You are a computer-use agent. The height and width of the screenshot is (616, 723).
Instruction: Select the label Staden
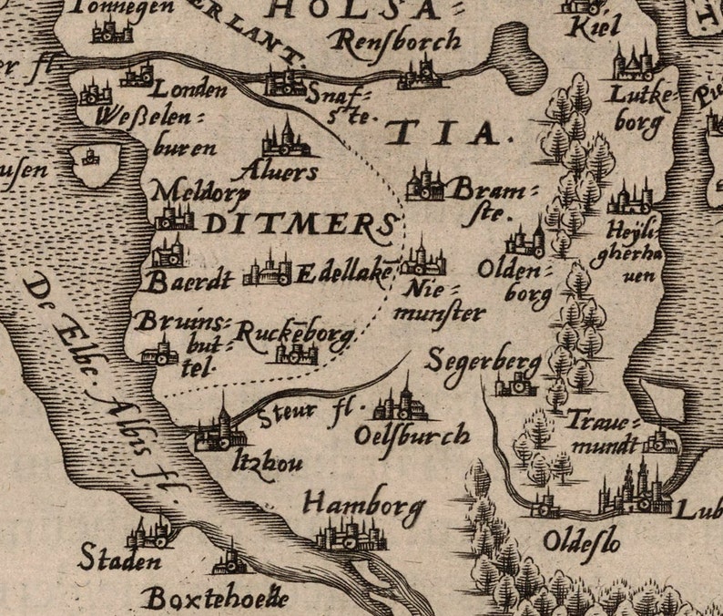pyautogui.click(x=118, y=558)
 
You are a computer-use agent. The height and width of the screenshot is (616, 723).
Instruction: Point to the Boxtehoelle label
pyautogui.click(x=215, y=598)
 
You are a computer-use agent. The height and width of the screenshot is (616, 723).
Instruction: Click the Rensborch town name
pyautogui.click(x=395, y=41)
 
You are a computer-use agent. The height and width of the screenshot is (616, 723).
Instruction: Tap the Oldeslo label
pyautogui.click(x=581, y=540)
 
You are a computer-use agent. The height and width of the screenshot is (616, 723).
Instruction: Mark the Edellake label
pyautogui.click(x=343, y=272)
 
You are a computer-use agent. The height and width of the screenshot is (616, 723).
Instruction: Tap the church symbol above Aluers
pyautogui.click(x=285, y=138)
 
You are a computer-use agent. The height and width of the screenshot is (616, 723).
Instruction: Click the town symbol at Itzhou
pyautogui.click(x=219, y=432)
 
